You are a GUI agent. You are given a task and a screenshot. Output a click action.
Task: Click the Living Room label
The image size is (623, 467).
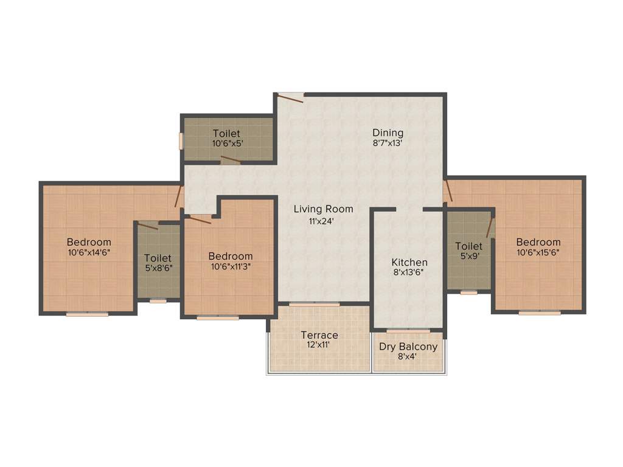point(323,209)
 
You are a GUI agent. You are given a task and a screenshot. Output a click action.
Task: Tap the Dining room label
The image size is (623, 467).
point(388,133)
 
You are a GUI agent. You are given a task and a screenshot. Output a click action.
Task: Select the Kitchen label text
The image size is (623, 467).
point(409,262)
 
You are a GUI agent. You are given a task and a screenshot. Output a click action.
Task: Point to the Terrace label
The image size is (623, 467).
point(319,335)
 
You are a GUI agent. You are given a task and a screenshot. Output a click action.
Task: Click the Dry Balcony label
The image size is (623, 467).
point(408,347)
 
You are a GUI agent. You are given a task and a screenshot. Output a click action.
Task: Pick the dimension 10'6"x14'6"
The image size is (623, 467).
point(89,252)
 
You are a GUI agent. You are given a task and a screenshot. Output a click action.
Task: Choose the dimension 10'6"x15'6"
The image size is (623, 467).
point(538,252)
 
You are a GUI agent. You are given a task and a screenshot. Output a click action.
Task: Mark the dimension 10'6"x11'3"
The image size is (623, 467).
point(230,266)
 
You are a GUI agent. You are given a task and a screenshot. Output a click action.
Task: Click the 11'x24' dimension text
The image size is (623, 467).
point(322,221)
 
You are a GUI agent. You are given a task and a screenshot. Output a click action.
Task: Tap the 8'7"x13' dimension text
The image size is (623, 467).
point(388,144)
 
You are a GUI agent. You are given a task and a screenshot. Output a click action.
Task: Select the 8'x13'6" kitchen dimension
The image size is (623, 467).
point(409,272)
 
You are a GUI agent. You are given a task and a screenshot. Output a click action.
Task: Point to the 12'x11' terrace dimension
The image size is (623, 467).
point(319,345)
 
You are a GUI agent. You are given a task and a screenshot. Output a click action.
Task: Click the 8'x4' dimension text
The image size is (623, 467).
point(408,357)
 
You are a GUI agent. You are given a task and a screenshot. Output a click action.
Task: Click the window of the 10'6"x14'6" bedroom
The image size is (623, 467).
point(87,314)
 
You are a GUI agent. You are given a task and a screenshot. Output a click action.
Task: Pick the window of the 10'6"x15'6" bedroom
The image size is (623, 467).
point(540,313)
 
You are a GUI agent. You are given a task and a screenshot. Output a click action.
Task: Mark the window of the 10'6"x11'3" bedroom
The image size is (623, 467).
point(218,317)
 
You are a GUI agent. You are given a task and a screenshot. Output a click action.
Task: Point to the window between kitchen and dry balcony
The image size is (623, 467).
point(408,331)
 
